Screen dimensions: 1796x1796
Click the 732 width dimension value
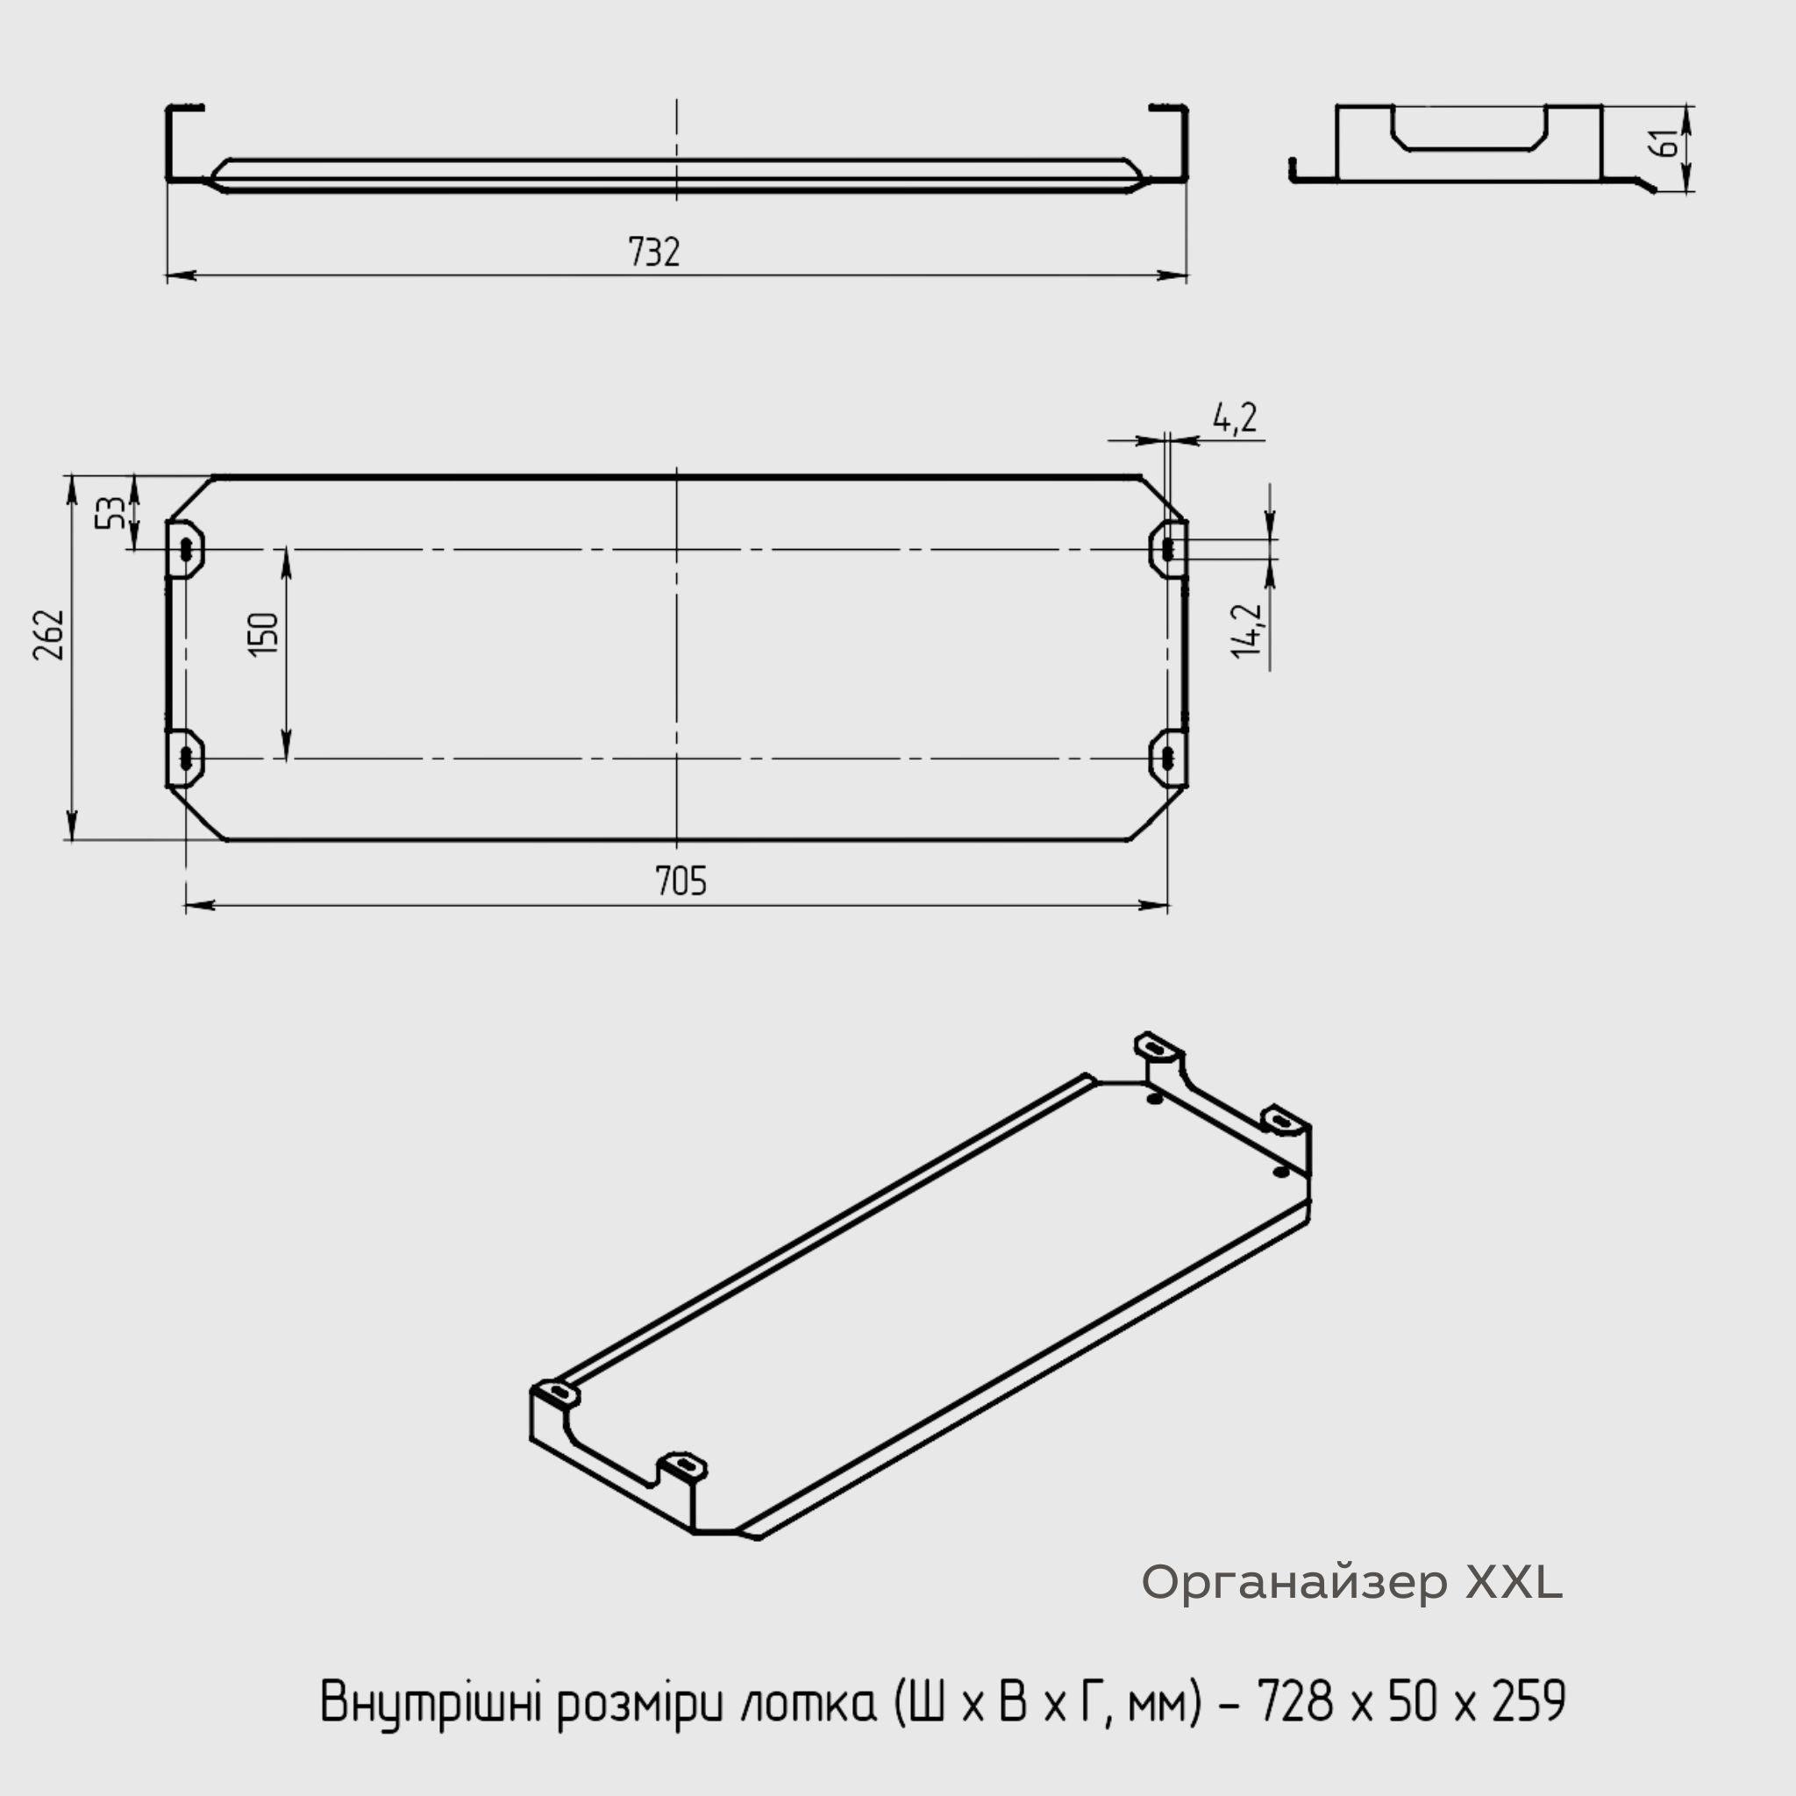(x=653, y=252)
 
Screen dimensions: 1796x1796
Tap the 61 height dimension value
(x=1669, y=144)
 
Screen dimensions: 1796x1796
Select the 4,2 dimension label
(x=1235, y=418)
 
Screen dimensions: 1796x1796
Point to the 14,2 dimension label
(x=1248, y=631)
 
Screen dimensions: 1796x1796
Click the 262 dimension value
(x=49, y=635)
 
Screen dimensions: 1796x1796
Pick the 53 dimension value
(x=110, y=512)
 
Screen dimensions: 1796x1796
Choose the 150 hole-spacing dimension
(x=264, y=634)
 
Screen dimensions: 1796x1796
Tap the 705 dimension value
(x=681, y=880)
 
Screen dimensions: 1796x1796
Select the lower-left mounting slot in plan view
(x=188, y=759)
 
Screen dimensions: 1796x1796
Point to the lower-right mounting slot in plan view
(x=1167, y=759)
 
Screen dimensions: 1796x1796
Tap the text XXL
(x=1514, y=1582)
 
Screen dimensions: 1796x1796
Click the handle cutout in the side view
(x=1469, y=130)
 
